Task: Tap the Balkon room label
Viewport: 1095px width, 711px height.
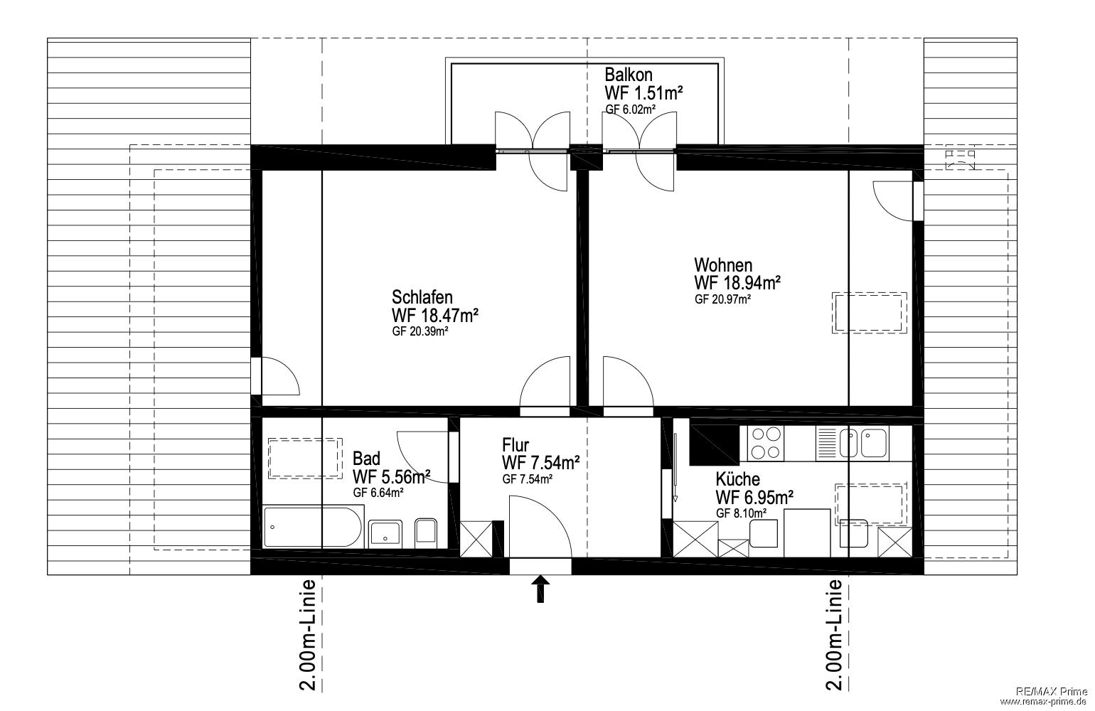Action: [x=628, y=75]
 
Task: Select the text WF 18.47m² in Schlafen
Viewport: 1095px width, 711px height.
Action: [x=434, y=316]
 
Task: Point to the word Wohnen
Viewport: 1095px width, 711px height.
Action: [x=723, y=265]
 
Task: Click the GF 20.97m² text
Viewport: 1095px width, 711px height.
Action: [x=722, y=299]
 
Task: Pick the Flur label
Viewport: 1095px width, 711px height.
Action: [x=516, y=445]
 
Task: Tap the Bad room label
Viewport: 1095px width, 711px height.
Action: [x=366, y=459]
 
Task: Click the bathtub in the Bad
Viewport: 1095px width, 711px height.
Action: [x=313, y=528]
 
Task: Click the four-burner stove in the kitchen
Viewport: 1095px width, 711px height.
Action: [x=765, y=443]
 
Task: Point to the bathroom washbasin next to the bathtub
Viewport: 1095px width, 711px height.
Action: [x=385, y=533]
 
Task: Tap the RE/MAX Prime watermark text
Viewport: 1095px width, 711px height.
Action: [x=1054, y=692]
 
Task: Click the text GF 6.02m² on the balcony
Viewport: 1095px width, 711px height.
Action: [x=631, y=109]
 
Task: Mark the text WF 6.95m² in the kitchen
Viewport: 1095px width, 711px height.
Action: [x=754, y=498]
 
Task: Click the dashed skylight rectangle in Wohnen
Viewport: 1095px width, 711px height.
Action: [x=869, y=314]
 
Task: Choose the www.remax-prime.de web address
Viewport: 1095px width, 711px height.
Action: [x=1046, y=702]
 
